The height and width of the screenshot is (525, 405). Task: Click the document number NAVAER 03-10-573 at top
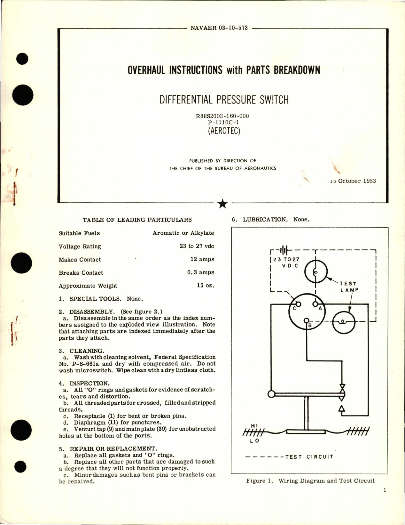coord(219,28)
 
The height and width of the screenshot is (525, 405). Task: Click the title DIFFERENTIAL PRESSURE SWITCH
coord(224,100)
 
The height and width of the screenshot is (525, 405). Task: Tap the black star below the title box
coord(222,204)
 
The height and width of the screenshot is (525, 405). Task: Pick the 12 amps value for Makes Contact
coord(202,259)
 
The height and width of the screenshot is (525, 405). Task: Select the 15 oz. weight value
coord(206,286)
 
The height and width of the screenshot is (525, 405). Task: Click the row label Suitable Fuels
coord(79,233)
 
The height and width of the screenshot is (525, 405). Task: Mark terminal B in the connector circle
coord(309,326)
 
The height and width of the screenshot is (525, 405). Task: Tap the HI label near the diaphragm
coord(254,426)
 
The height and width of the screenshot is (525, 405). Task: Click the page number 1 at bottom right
coord(385,490)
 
